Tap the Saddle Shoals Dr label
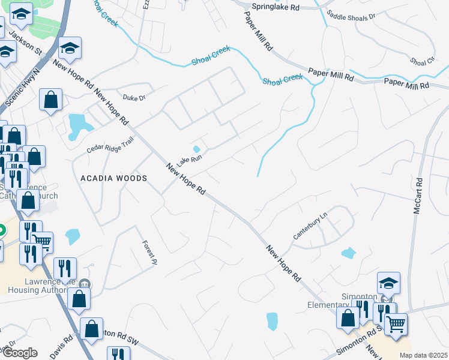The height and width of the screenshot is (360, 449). [351, 14]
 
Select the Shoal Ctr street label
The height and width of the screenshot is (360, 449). [423, 61]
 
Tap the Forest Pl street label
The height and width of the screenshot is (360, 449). [149, 253]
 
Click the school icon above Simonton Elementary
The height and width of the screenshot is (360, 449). [388, 282]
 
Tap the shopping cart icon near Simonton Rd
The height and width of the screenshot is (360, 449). [396, 323]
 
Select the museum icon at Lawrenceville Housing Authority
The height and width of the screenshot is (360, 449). [85, 284]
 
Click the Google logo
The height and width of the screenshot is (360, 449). [19, 353]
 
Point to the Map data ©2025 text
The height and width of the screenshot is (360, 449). [423, 355]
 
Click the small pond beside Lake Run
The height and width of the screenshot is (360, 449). [196, 149]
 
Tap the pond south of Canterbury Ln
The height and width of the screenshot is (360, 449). [348, 253]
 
